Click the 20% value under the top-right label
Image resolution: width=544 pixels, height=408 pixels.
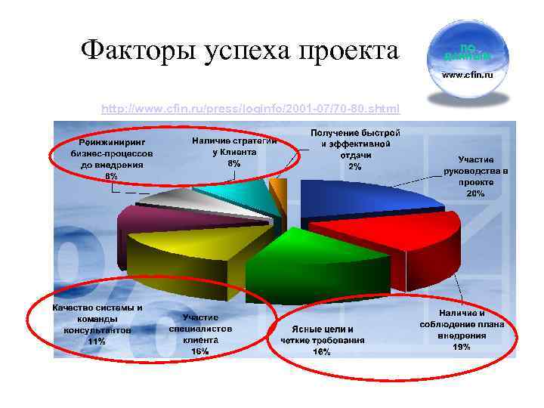(x=476, y=194)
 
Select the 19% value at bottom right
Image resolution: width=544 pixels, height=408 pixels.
(x=462, y=347)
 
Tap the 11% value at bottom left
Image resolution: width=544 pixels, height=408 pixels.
(x=97, y=342)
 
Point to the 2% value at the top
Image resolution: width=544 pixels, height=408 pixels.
(x=355, y=166)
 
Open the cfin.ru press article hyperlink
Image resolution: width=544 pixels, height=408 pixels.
(x=251, y=109)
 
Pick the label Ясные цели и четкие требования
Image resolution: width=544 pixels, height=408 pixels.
(x=322, y=335)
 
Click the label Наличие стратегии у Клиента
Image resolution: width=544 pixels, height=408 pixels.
(x=234, y=151)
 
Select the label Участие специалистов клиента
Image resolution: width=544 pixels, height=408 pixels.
(x=200, y=334)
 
